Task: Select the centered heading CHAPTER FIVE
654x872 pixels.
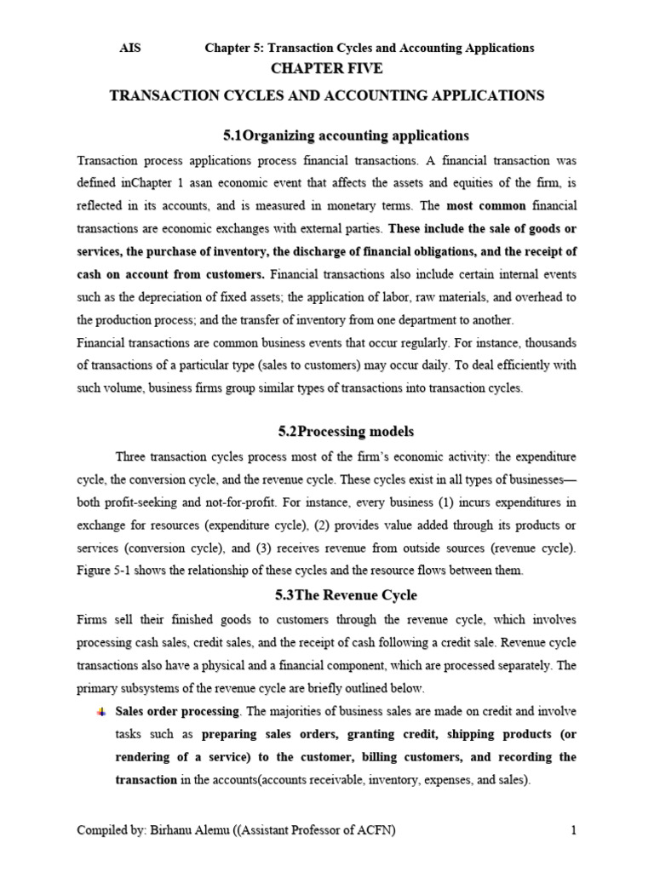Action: coord(327,69)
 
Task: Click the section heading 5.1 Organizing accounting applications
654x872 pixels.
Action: coord(346,135)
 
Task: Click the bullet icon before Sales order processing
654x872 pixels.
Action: coord(101,712)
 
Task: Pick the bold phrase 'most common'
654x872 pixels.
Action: coord(484,205)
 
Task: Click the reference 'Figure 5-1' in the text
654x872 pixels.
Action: coord(103,571)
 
